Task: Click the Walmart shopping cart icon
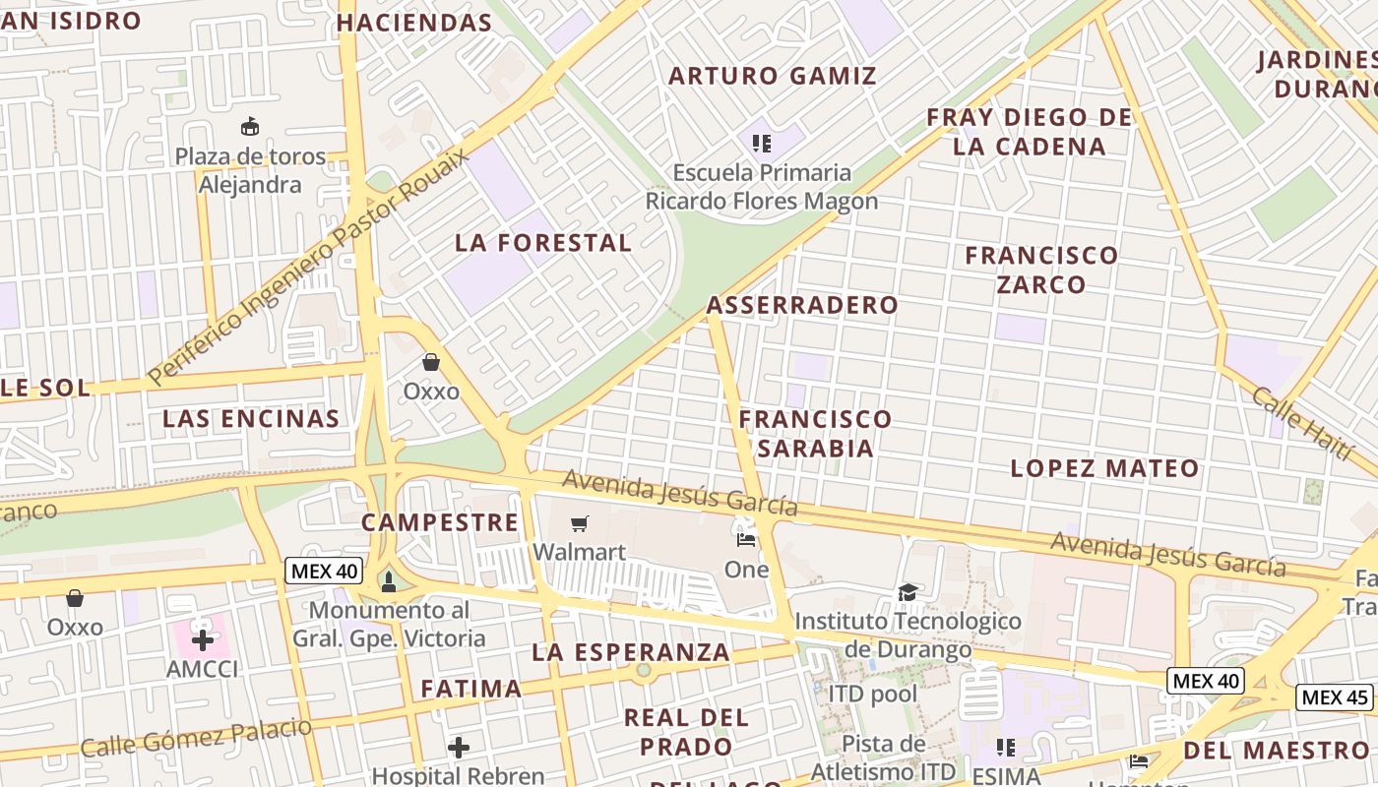tap(580, 524)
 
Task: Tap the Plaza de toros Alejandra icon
tap(250, 127)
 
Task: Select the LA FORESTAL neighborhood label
tap(543, 243)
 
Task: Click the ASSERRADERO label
tap(802, 305)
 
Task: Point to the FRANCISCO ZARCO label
tap(1041, 270)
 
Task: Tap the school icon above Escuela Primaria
tap(761, 145)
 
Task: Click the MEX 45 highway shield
tap(1334, 697)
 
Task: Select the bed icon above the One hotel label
tap(746, 539)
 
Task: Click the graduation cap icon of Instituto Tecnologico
tap(908, 592)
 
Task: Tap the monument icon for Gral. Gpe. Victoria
tap(388, 581)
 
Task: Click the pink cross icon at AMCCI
tap(203, 640)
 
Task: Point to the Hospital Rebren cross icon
tap(458, 748)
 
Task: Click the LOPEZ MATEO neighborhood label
tap(1105, 468)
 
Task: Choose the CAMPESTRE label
tap(439, 522)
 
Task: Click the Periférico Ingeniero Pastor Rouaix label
tap(308, 264)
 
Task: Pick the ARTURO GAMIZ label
tap(773, 76)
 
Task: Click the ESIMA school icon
tap(1005, 748)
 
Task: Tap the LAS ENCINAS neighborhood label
tap(251, 419)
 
